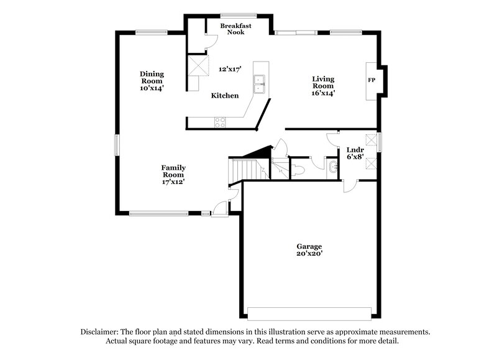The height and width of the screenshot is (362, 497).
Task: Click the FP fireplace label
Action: tap(372, 81)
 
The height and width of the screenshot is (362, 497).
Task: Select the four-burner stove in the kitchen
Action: tap(220, 123)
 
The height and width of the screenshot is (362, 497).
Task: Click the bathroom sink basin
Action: tap(333, 167)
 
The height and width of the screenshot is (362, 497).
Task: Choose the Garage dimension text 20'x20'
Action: tap(309, 254)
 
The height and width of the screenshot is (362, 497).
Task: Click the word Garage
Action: tap(309, 246)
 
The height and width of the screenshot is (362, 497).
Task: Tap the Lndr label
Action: tap(355, 149)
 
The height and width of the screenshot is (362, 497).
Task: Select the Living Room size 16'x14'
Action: tap(323, 93)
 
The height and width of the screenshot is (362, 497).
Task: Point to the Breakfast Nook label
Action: tap(235, 29)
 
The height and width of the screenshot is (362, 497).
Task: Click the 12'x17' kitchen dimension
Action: tap(230, 69)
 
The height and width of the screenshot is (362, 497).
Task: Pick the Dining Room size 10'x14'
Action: tap(152, 88)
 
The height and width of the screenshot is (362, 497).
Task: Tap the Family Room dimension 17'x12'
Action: tap(173, 182)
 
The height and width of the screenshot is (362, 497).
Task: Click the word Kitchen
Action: tap(225, 96)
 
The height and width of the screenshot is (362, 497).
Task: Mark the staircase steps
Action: tap(243, 169)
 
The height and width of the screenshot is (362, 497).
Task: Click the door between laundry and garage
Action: tap(350, 185)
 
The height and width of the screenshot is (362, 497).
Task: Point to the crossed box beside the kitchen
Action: tap(198, 65)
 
